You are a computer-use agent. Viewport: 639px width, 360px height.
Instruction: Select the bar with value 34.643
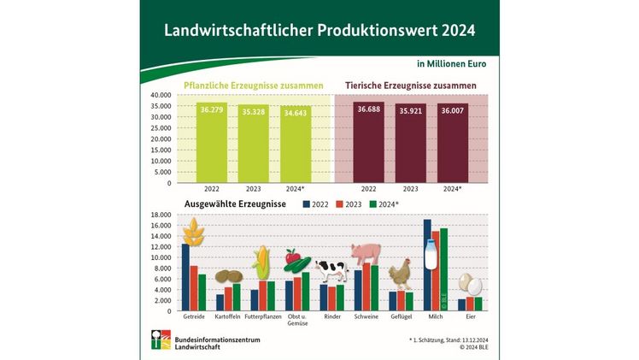pos(295,145)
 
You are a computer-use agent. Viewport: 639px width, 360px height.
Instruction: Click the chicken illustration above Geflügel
pos(401,274)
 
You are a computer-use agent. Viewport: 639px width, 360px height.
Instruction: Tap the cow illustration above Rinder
pos(331,271)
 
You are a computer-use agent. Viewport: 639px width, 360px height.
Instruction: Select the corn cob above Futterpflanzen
pos(261,262)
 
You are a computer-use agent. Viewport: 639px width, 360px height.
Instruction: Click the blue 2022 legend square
pos(307,204)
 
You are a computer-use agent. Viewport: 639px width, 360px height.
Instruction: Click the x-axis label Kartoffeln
pos(226,317)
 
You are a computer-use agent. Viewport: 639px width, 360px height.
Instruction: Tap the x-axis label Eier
pos(471,317)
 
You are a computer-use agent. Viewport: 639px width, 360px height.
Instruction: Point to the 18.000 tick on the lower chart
pos(162,215)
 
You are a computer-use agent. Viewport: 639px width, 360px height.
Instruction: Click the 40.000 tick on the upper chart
pos(162,95)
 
